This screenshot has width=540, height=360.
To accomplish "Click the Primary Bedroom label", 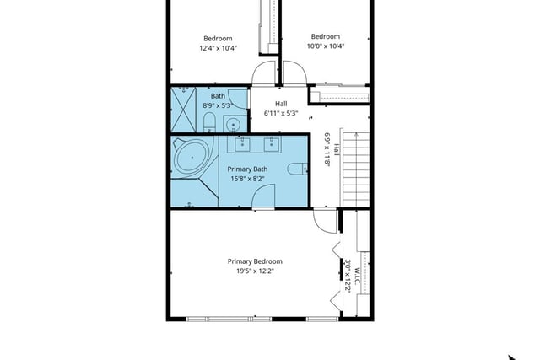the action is point(255,261).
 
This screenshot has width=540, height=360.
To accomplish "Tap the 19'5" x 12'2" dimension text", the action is point(255,271).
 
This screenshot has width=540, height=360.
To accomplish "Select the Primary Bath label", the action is point(247,169).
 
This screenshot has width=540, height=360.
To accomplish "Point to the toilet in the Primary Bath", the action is point(297,169).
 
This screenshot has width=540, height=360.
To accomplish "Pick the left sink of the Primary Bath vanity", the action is point(242,144).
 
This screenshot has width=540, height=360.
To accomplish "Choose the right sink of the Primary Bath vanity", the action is point(272,144).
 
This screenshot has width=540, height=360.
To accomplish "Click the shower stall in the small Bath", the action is point(184,110).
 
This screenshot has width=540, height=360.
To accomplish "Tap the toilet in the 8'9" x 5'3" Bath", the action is point(209,122).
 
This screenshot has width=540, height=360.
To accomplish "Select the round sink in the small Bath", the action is point(234,124).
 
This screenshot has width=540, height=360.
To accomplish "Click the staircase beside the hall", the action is point(354,169).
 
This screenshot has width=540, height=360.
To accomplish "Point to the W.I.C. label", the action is point(358,276).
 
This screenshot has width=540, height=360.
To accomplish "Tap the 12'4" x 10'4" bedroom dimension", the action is point(218,48).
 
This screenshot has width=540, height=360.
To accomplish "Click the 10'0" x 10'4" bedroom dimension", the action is point(326,46).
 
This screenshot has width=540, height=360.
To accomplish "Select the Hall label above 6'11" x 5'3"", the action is point(281,104).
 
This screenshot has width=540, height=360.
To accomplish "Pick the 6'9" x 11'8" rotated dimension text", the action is point(327,150).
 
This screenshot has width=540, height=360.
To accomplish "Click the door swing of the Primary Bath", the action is point(263,196).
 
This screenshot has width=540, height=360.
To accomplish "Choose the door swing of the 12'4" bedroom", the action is point(264,73).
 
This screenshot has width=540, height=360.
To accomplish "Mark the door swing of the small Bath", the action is point(238,99).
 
